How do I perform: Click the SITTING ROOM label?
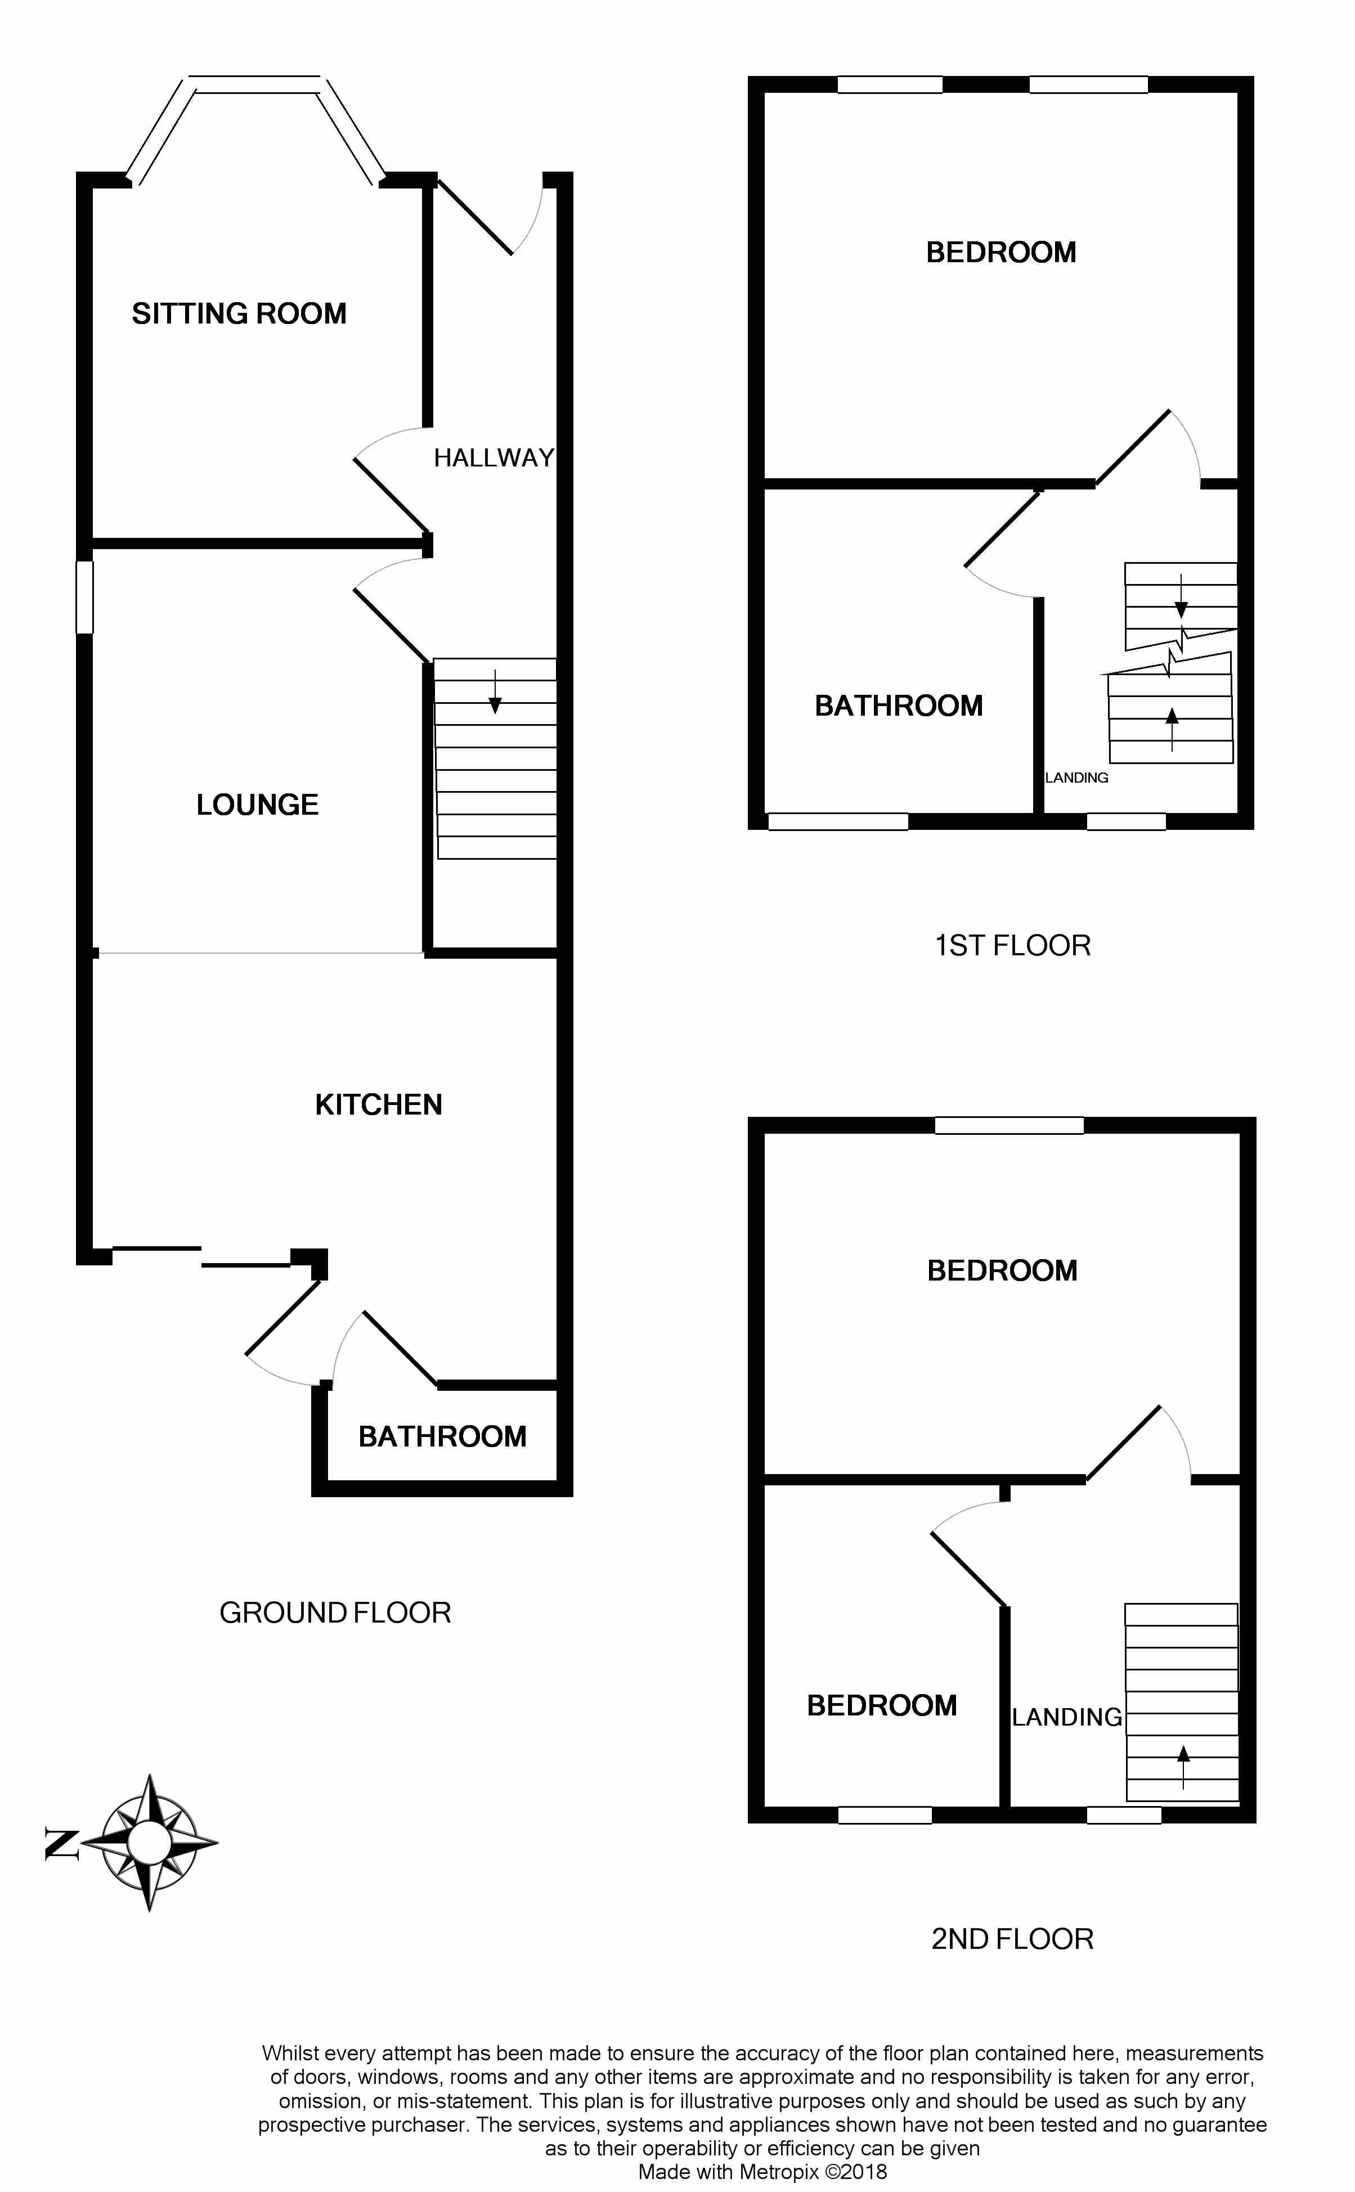[x=239, y=313]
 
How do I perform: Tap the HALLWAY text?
[x=494, y=458]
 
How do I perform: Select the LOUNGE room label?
[x=257, y=805]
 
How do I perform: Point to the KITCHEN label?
[x=378, y=1104]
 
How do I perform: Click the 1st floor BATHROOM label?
[x=899, y=706]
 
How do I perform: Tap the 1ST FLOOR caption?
[x=1013, y=945]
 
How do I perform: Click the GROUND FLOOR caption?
[x=335, y=1612]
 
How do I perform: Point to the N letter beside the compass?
[x=60, y=1844]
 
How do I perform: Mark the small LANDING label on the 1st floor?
[x=1076, y=778]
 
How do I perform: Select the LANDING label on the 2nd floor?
[x=1067, y=1717]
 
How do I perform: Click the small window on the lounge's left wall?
[x=84, y=596]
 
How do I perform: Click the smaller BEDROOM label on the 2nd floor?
[x=882, y=1705]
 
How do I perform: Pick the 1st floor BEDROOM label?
[x=1001, y=253]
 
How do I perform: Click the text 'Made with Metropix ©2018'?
[x=762, y=2164]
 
